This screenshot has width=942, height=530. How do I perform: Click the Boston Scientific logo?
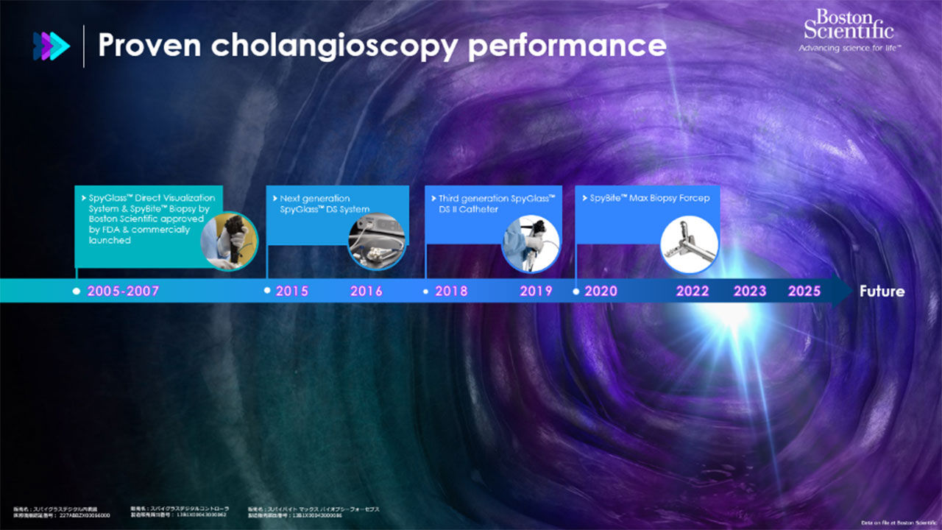849,26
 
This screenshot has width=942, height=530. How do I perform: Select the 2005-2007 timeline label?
123,291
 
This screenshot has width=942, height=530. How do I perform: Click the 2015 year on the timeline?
292,291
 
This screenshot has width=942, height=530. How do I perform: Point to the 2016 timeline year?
366,291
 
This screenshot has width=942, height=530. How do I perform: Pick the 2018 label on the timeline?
451,291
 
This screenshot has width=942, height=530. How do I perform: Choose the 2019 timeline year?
536,291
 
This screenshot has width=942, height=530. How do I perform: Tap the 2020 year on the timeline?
601,291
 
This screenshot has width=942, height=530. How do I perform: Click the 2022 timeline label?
693,291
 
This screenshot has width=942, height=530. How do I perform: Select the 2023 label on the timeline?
750,291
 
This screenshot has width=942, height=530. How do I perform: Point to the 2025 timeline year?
804,291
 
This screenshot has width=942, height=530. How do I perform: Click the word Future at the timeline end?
882,291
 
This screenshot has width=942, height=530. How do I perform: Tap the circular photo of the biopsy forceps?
690,244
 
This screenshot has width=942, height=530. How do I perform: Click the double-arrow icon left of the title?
52,46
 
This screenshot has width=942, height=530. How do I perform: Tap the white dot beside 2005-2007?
77,291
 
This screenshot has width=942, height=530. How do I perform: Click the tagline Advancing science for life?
850,48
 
